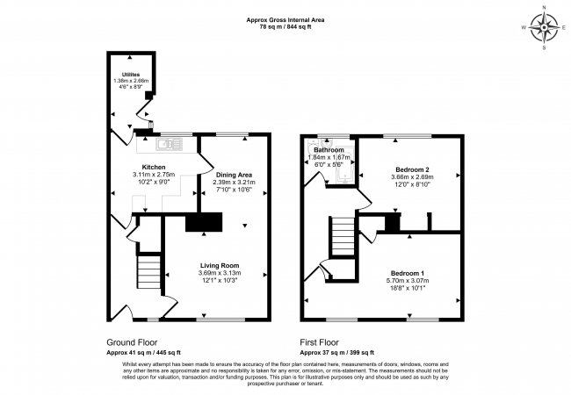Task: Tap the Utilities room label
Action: (x=131, y=75)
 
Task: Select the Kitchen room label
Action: (x=154, y=167)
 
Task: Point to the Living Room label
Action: (x=220, y=265)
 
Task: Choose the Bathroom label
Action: (x=332, y=150)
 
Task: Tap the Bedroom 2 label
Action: (x=411, y=169)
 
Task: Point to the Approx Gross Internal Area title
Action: (x=285, y=20)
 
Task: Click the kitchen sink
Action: (x=164, y=141)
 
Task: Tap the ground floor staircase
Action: (x=150, y=273)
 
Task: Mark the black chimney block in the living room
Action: (x=204, y=223)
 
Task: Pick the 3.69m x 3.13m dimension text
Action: (x=220, y=273)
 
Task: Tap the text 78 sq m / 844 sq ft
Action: (x=285, y=27)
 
